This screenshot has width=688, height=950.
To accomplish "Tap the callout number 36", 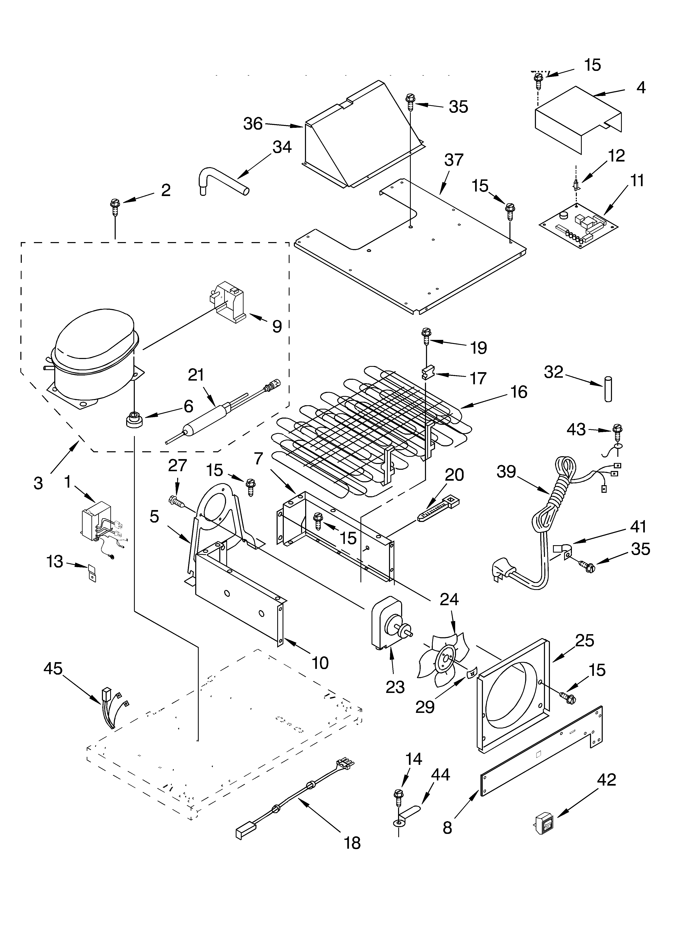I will tap(253, 124).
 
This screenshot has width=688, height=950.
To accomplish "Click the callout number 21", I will tap(196, 375).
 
